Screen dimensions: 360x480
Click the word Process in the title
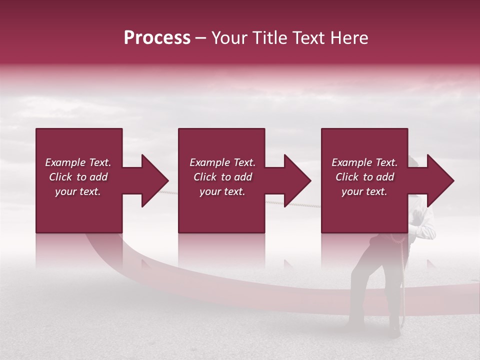click(157, 38)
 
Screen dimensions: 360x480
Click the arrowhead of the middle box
click(297, 180)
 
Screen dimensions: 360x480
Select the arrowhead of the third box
click(440, 180)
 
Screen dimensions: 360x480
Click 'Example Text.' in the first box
click(78, 162)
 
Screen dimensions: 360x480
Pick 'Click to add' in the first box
click(78, 177)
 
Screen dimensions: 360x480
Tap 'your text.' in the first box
click(78, 191)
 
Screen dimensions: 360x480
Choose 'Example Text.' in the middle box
click(222, 162)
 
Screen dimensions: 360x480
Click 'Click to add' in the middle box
click(222, 177)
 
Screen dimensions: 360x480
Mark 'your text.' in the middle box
click(222, 191)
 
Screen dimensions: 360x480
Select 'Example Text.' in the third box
click(364, 162)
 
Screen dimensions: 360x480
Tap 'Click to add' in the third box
click(364, 177)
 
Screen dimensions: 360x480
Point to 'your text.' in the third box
click(364, 191)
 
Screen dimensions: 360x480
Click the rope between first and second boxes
click(165, 191)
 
